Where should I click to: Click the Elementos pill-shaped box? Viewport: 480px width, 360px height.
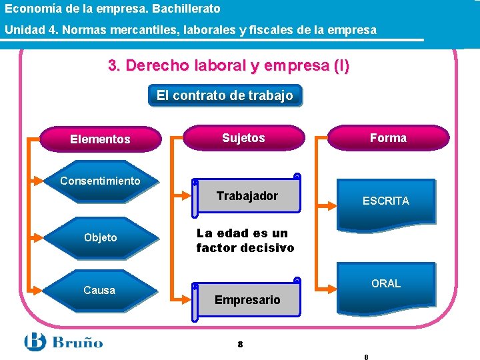[x=101, y=139]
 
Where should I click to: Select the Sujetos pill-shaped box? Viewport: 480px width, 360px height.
[x=243, y=138]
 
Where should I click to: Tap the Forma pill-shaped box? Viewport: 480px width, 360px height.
[x=388, y=138]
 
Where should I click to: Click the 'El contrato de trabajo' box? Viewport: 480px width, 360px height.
[x=225, y=95]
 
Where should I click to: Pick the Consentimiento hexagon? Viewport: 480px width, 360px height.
[x=100, y=181]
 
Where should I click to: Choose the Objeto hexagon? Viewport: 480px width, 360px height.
[x=100, y=237]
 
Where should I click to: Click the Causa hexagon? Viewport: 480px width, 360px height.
[x=99, y=290]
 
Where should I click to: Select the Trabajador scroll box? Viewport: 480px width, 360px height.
[x=247, y=197]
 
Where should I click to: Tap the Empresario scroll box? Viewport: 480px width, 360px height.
[x=247, y=299]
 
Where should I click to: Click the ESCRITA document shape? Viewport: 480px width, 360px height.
[x=386, y=201]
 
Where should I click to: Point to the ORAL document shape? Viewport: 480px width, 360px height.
[x=386, y=284]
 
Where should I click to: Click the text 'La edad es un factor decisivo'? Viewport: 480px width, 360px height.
[x=245, y=241]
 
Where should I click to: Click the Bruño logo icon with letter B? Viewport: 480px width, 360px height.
[x=35, y=342]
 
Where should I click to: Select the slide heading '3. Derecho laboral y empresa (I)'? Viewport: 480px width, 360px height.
[x=228, y=66]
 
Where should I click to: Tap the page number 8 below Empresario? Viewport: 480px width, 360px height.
[x=240, y=345]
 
